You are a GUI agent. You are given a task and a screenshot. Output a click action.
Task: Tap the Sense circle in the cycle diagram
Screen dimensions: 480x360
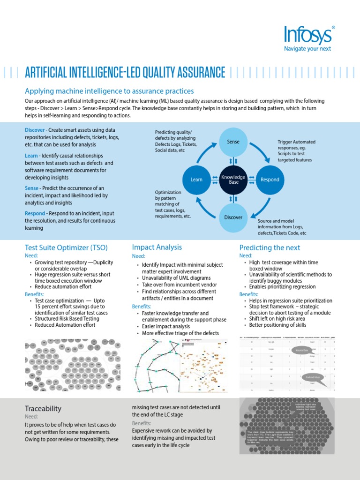(233, 142)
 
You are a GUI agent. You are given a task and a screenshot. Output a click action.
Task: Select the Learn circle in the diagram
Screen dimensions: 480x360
(196, 180)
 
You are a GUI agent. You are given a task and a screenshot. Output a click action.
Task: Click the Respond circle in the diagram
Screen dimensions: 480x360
(270, 180)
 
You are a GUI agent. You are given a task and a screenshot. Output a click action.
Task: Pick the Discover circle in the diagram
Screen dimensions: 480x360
(233, 217)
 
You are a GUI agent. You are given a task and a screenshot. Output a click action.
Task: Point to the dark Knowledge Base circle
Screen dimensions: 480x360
(233, 180)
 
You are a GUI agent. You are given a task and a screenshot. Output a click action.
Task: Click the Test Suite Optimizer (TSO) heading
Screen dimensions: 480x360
(65, 247)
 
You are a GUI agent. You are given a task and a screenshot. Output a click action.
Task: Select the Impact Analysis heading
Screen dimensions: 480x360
(157, 247)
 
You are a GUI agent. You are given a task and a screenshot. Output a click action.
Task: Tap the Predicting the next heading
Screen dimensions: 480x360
(270, 247)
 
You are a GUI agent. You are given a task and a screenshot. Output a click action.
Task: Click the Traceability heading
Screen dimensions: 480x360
(43, 408)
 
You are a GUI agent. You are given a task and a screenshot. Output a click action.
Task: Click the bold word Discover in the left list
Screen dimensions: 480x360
(35, 130)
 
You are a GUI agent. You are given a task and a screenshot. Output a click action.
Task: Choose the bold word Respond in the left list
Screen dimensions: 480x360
(35, 213)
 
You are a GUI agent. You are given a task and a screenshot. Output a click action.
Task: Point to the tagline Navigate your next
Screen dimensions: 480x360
(308, 48)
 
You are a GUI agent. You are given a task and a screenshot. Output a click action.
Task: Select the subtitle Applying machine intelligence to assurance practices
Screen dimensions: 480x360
(109, 91)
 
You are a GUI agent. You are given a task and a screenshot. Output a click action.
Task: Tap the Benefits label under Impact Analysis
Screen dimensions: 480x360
(141, 306)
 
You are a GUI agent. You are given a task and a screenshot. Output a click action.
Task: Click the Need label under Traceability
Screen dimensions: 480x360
(31, 416)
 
